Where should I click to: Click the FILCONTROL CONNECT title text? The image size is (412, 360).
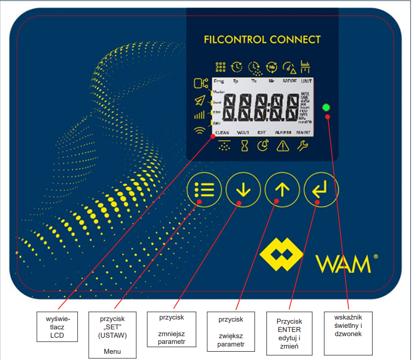(262, 39)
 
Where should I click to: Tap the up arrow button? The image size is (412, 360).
(282, 189)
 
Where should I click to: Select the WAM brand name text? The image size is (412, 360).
(343, 264)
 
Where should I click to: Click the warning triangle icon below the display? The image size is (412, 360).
(283, 147)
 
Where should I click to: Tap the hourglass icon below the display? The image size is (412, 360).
(244, 147)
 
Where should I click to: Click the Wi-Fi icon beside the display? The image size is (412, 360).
(199, 130)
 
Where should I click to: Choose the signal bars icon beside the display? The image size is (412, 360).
(200, 115)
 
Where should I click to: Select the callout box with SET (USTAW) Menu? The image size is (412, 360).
(112, 334)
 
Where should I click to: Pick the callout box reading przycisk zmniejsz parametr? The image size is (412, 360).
(172, 329)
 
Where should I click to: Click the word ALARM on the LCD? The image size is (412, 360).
(283, 133)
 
